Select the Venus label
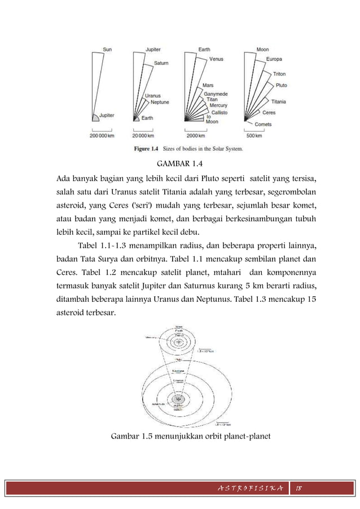[217, 59]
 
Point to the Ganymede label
[217, 92]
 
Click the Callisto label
[219, 112]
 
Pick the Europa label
[275, 59]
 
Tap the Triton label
[279, 74]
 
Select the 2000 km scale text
[196, 136]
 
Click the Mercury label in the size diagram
[218, 105]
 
